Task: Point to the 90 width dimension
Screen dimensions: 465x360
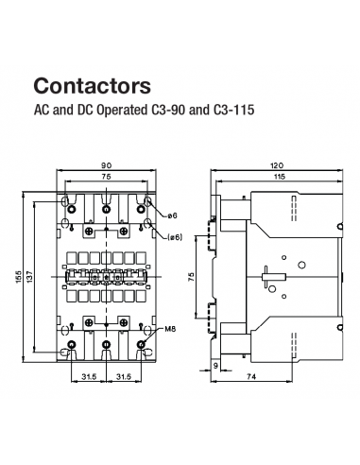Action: [x=107, y=166]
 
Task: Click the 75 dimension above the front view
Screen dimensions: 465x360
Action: [x=107, y=177]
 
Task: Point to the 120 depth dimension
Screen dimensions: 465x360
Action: [x=274, y=166]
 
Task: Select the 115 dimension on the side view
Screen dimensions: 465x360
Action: [x=274, y=177]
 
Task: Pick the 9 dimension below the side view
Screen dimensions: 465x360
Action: [x=216, y=365]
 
